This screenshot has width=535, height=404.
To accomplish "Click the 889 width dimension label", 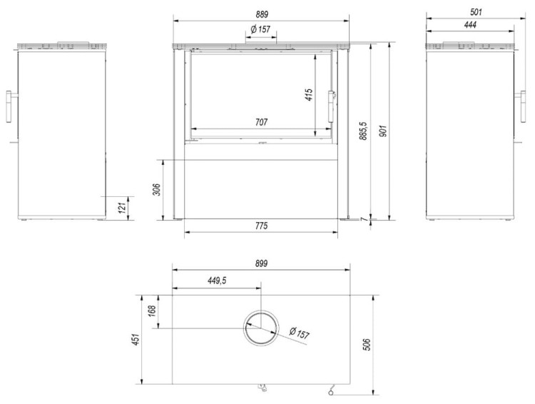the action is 262,14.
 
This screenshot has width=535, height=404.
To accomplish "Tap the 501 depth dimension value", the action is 476,12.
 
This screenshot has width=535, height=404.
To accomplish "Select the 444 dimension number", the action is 470,24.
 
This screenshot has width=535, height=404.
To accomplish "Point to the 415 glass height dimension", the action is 308,95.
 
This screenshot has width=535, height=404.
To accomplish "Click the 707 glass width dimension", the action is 261,122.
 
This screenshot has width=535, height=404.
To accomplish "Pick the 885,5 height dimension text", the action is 364,131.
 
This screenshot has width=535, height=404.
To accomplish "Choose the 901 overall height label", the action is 383,131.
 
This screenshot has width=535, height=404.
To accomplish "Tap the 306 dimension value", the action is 157,190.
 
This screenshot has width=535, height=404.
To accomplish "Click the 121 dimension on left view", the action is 123,207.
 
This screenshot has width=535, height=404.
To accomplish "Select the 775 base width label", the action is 261,226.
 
